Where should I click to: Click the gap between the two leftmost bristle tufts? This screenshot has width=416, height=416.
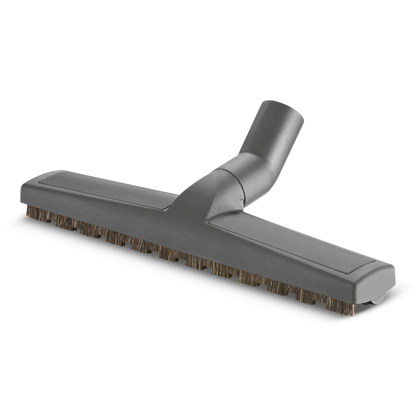[52, 218]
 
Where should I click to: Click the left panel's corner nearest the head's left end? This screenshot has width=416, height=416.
[46, 177]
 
